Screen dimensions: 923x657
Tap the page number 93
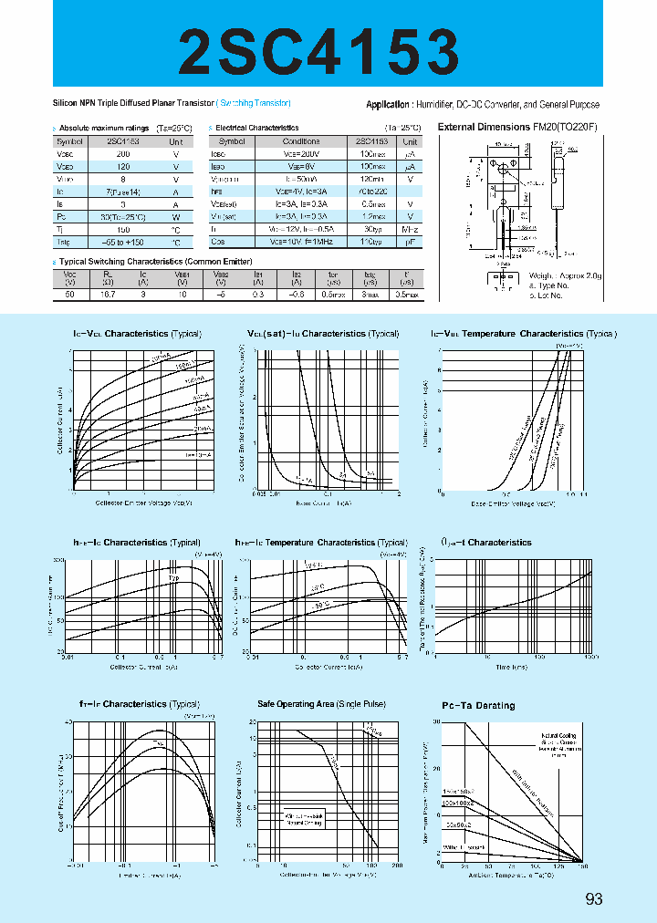594,899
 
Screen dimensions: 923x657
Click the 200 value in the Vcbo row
123,155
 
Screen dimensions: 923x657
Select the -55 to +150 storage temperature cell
123,244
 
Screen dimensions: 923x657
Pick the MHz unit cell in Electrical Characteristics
410,231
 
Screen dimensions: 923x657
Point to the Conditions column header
301,142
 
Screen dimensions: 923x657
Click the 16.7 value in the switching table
108,295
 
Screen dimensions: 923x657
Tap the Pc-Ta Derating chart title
478,705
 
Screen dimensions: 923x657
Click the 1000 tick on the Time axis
591,657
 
